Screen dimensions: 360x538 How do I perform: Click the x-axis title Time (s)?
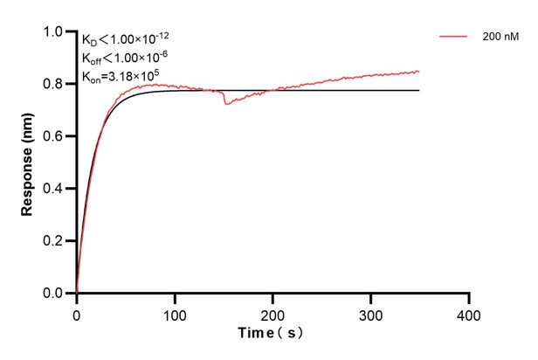[x=272, y=333]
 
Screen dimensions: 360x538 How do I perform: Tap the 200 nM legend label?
[x=500, y=37]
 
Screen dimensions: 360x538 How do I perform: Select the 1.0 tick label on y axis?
[x=54, y=32]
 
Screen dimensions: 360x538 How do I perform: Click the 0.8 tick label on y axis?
[x=54, y=85]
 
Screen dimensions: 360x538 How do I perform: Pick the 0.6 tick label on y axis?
[x=54, y=136]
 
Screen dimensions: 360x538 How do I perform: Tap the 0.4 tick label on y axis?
[x=54, y=189]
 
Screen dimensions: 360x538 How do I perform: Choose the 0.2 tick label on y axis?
[x=54, y=241]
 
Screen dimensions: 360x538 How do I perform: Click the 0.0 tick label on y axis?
[x=54, y=294]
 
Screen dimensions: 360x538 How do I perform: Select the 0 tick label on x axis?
[x=77, y=312]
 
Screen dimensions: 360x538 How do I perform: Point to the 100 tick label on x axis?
[x=175, y=312]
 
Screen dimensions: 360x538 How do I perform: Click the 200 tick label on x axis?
[x=273, y=312]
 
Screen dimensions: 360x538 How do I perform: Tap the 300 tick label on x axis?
[x=371, y=312]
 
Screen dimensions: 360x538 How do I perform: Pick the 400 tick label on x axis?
[x=470, y=312]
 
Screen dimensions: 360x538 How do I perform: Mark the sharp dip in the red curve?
[x=227, y=104]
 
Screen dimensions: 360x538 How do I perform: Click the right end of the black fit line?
[x=418, y=90]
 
